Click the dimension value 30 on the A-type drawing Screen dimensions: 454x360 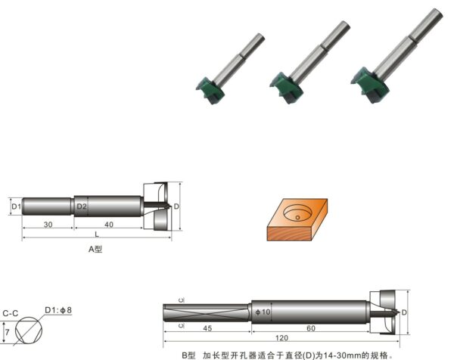(x=48, y=225)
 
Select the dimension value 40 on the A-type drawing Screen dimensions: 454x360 (x=109, y=225)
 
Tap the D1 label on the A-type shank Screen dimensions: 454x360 (x=16, y=206)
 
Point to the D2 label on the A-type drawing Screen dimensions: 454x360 (x=82, y=206)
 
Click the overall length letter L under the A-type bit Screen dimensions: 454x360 (x=97, y=234)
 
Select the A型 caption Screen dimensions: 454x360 (x=95, y=249)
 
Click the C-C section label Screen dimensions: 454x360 (x=11, y=313)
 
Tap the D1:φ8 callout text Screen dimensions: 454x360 (x=58, y=310)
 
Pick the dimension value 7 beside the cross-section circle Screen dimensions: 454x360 (x=8, y=332)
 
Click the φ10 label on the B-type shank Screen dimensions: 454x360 (x=263, y=312)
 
